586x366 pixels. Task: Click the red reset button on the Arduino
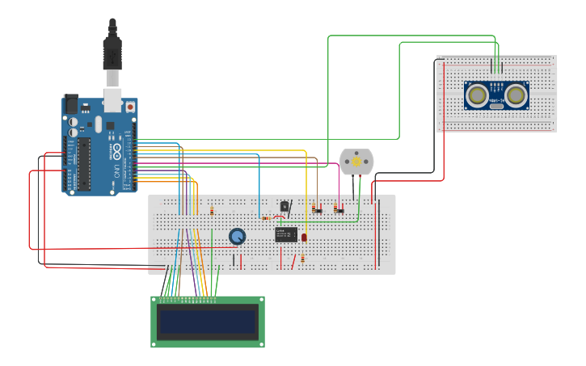[x=130, y=107]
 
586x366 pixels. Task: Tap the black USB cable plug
[x=112, y=52]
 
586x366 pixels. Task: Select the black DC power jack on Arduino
[x=72, y=105]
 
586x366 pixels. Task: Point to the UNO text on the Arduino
[x=116, y=170]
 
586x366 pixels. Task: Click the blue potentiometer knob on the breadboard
[x=237, y=236]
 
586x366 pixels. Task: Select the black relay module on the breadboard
[x=285, y=234]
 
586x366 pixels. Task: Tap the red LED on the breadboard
[x=304, y=237]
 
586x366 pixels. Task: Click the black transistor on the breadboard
[x=285, y=206]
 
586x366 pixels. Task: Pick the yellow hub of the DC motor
[x=356, y=162]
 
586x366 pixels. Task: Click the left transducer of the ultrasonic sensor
[x=478, y=95]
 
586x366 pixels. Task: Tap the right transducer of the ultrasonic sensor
[x=516, y=95]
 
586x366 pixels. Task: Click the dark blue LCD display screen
[x=208, y=322]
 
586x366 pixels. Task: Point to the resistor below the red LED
[x=302, y=259]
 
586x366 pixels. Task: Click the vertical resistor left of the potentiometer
[x=212, y=211]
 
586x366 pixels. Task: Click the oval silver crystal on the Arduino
[x=98, y=124]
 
